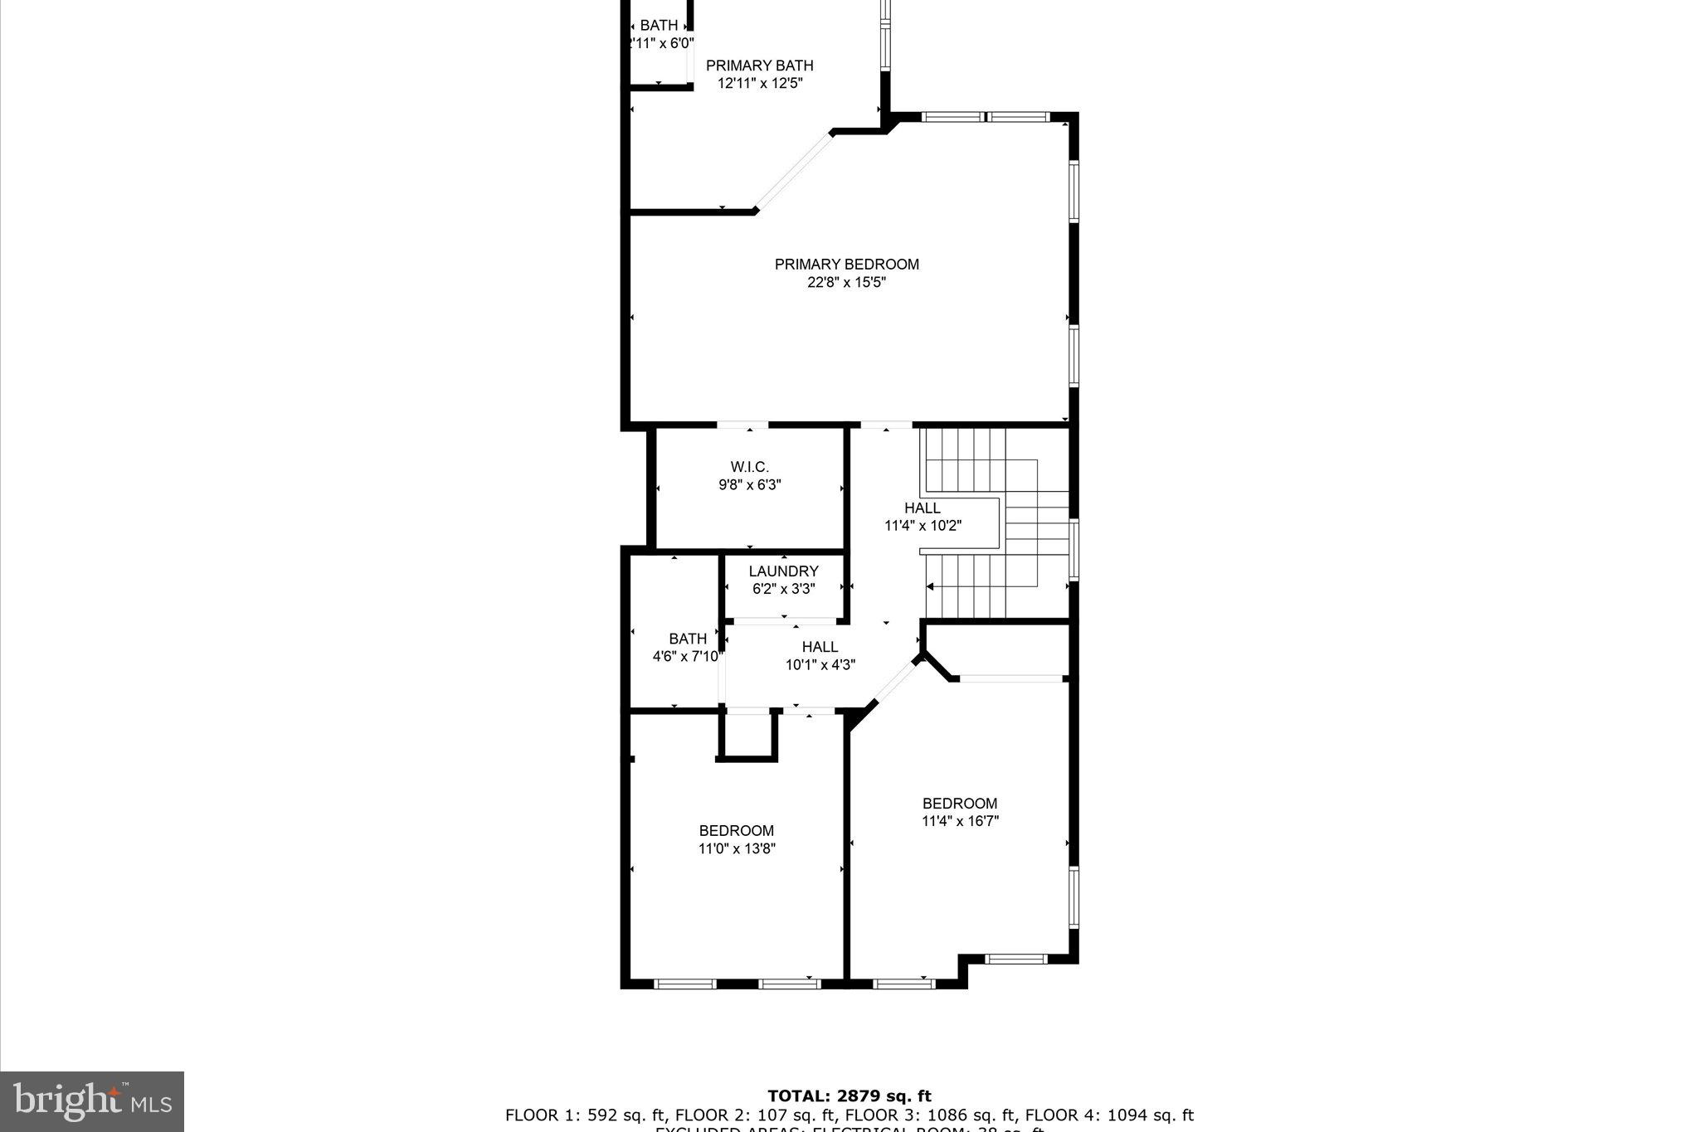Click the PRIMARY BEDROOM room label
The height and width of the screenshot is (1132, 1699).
tap(846, 265)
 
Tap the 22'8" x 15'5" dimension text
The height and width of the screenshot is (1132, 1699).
tap(846, 283)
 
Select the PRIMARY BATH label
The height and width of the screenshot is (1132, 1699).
tap(759, 66)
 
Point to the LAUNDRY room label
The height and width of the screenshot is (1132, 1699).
tap(783, 571)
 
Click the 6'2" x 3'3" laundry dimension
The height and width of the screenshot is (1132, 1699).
tap(783, 589)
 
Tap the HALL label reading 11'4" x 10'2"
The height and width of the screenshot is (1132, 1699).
tap(922, 508)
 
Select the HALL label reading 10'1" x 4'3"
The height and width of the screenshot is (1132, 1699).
tap(820, 647)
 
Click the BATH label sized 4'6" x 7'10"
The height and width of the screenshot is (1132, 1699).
tap(688, 639)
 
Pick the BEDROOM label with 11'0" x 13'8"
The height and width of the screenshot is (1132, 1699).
tap(736, 831)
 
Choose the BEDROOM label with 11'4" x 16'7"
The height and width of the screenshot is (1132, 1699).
tap(960, 804)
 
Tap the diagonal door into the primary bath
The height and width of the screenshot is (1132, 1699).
tap(794, 171)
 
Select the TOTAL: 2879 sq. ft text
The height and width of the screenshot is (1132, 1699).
tap(849, 1096)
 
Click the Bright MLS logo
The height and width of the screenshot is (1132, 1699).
tap(91, 1101)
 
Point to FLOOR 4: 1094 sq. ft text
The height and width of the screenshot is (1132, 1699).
tap(1112, 1115)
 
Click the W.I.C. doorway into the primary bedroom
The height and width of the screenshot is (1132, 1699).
tap(742, 425)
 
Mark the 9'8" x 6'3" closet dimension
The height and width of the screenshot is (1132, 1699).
tap(749, 485)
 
